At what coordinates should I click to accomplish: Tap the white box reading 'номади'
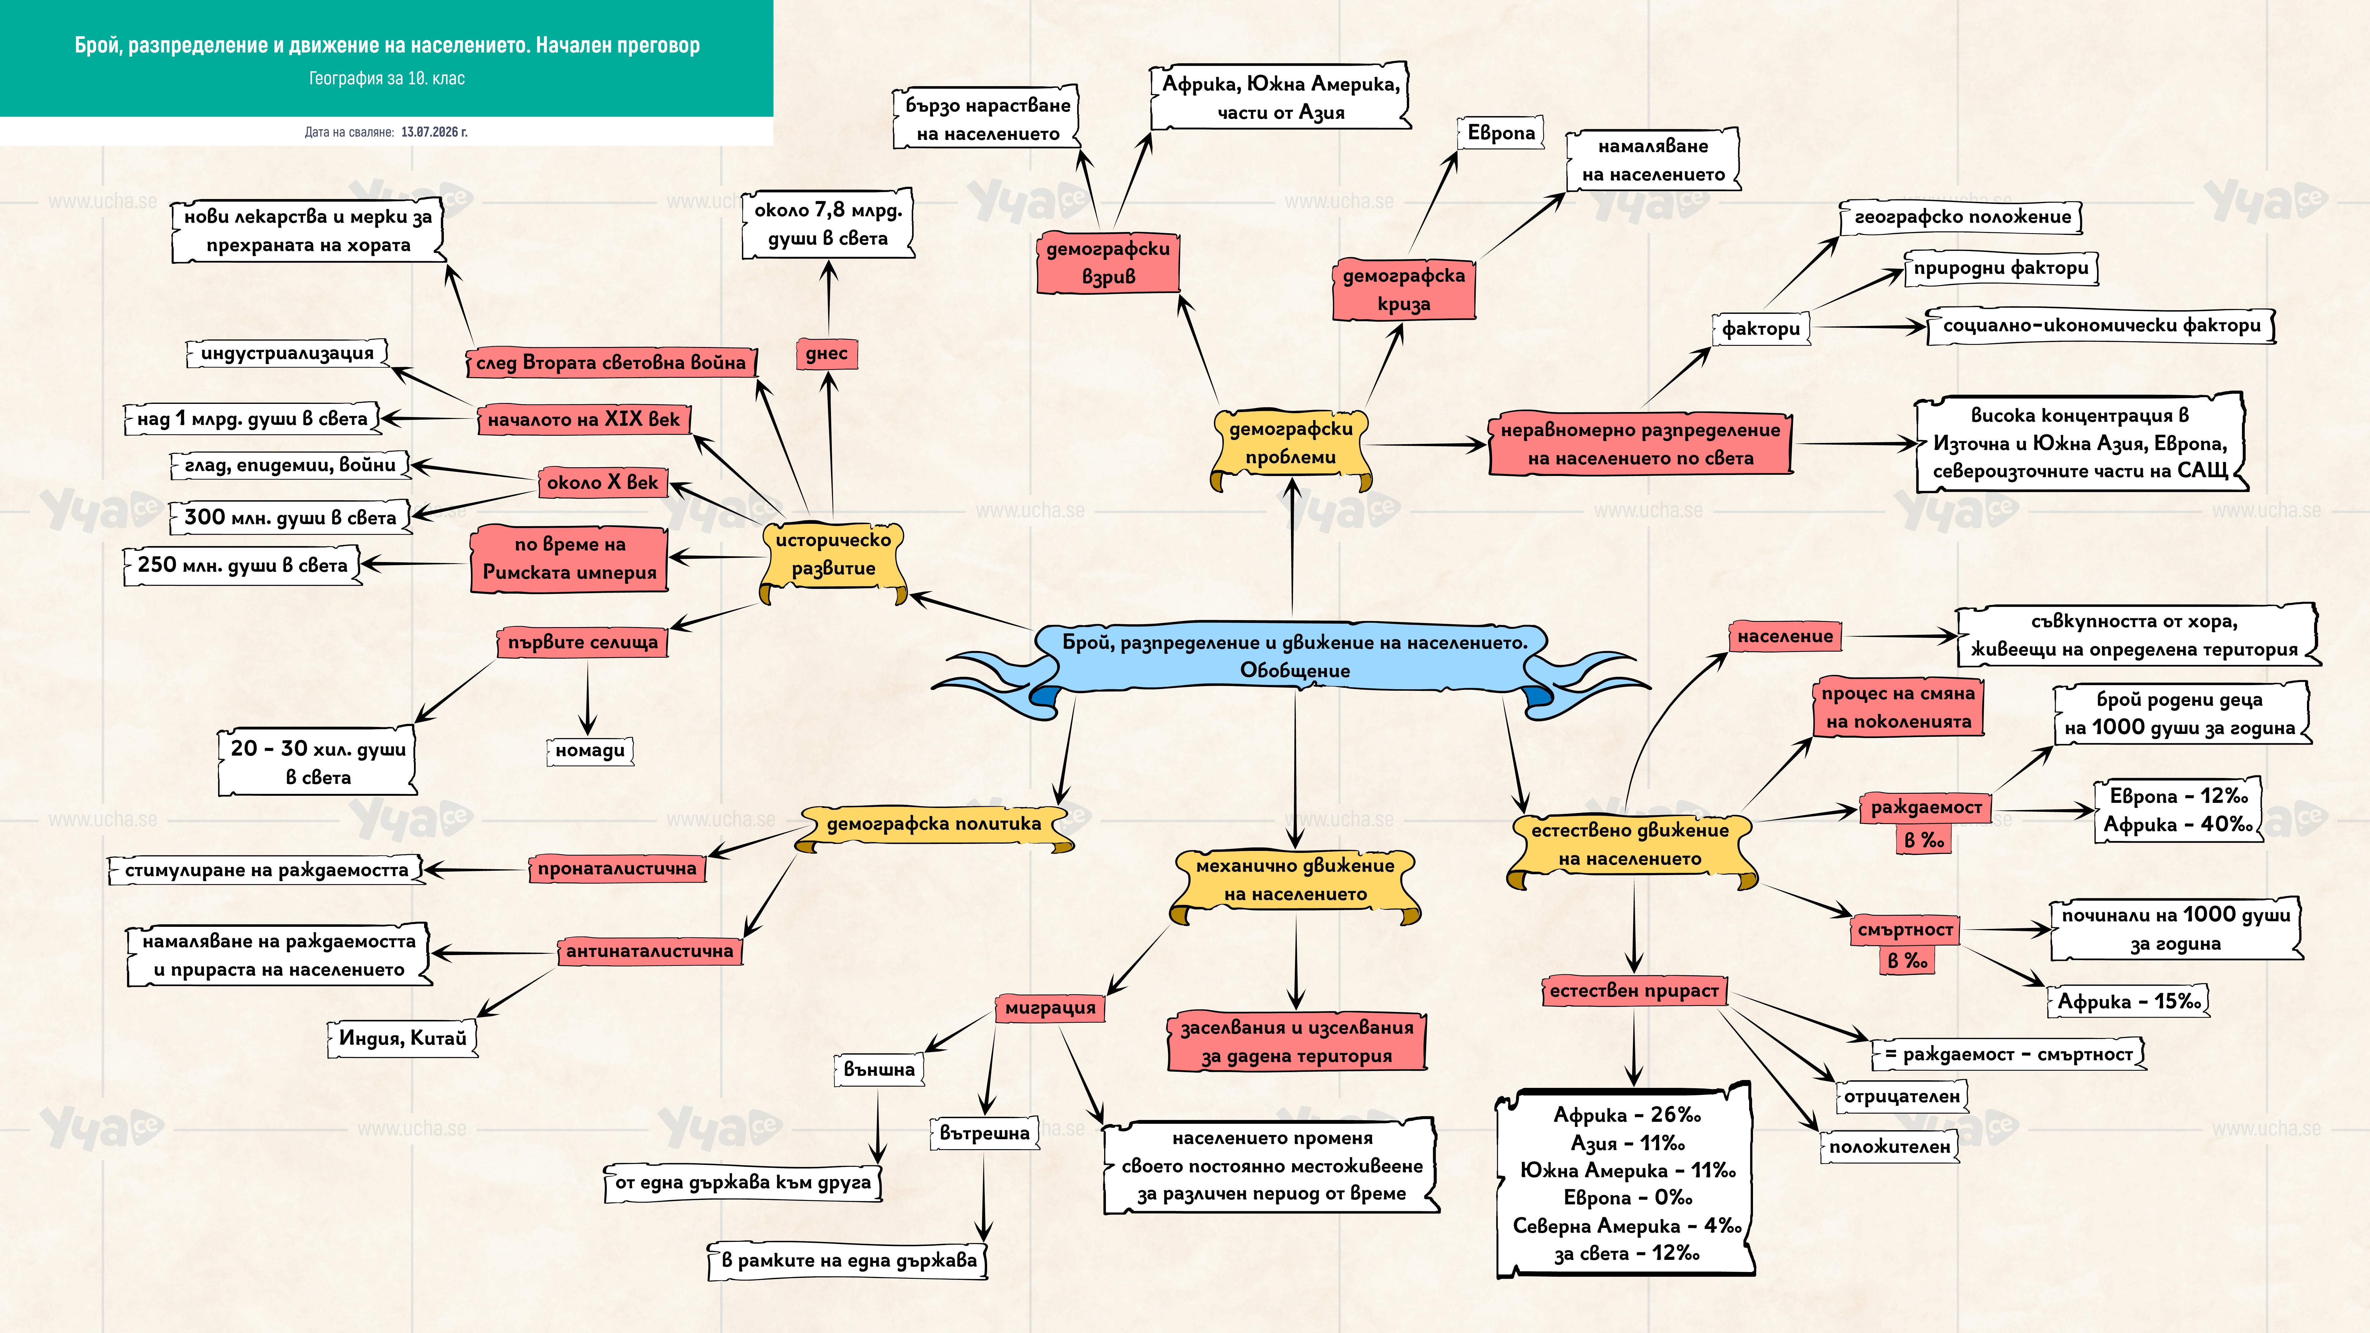[590, 751]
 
